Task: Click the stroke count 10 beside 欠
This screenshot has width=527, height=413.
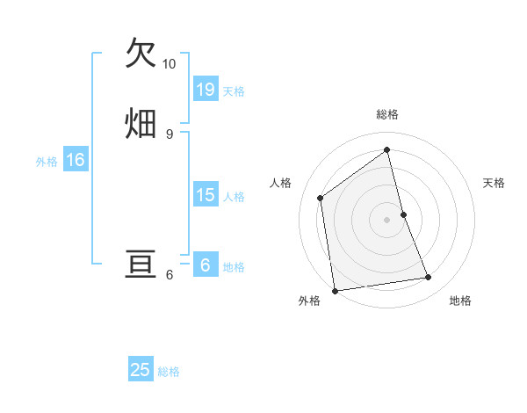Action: (170, 64)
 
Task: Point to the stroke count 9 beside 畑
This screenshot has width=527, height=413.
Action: (170, 134)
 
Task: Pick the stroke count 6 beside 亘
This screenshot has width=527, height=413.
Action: (170, 275)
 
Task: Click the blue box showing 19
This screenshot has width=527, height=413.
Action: (206, 90)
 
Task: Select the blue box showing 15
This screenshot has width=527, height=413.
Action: (206, 195)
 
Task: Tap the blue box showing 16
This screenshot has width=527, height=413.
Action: (76, 160)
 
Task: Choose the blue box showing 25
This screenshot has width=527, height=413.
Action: (141, 370)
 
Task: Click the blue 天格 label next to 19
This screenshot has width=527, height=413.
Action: (234, 91)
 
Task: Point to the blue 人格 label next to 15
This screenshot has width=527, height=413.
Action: (234, 197)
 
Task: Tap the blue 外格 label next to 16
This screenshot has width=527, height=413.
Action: (47, 162)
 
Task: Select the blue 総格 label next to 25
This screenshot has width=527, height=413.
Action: (169, 372)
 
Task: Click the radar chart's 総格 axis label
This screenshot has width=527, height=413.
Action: (387, 114)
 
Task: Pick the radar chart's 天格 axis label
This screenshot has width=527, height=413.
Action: (495, 183)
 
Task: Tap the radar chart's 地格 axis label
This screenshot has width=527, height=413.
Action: (460, 301)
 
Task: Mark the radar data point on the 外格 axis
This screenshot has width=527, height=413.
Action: (334, 290)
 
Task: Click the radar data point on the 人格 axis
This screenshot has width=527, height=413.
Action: (321, 198)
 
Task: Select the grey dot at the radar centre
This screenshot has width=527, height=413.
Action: (387, 219)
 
